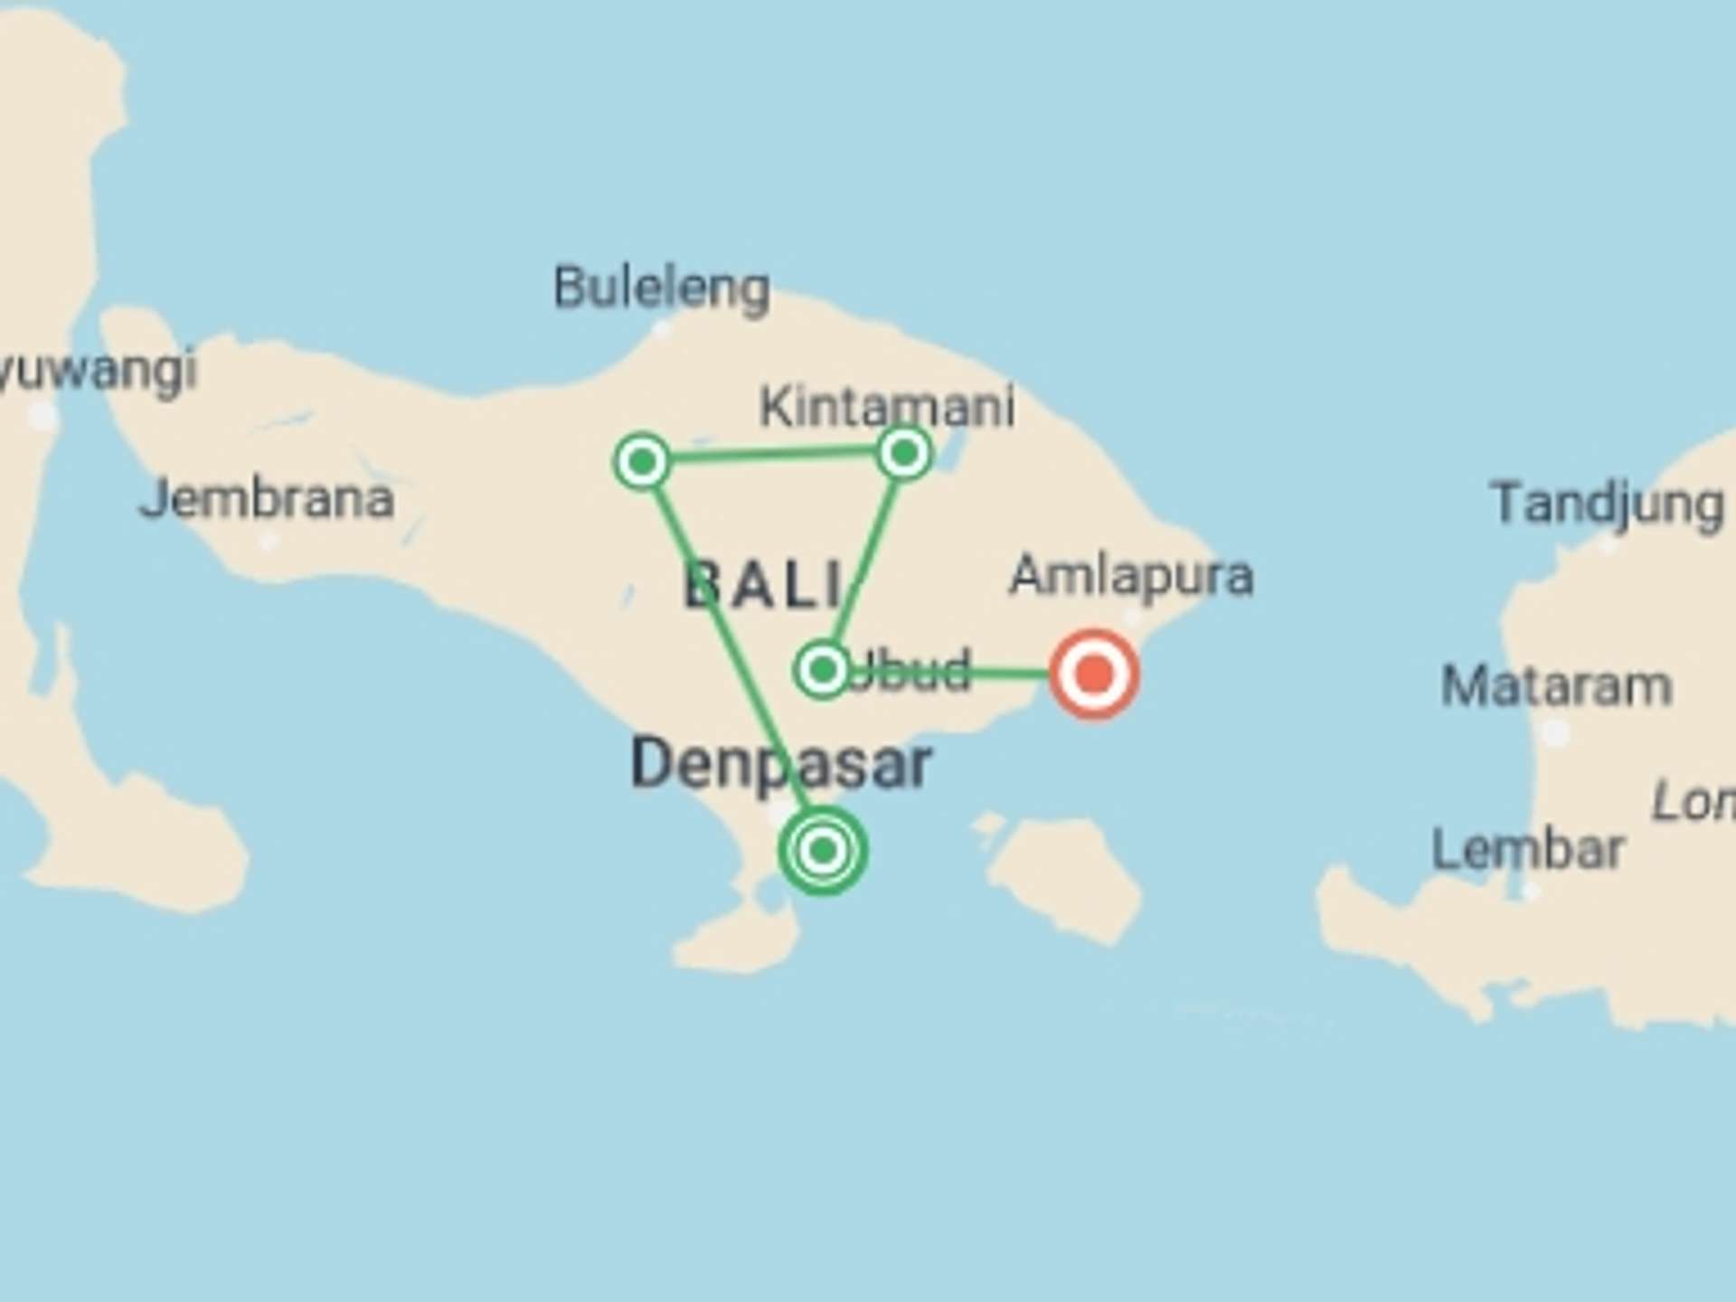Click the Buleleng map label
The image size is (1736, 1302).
[x=661, y=289]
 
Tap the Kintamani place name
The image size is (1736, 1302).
[x=886, y=407]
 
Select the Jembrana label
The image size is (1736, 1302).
[x=267, y=499]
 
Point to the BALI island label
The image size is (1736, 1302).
[x=764, y=585]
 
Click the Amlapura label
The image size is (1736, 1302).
[x=1131, y=575]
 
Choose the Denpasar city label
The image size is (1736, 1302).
[x=780, y=764]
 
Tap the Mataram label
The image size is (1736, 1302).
[x=1556, y=686]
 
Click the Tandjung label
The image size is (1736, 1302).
[x=1607, y=504]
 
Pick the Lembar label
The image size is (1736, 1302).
[x=1528, y=849]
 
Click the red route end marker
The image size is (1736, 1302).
[x=1094, y=675]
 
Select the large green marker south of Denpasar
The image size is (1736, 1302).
[x=823, y=850]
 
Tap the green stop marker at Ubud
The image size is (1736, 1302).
[x=822, y=670]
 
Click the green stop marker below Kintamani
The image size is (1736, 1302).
[x=904, y=453]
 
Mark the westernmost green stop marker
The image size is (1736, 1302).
[x=642, y=462]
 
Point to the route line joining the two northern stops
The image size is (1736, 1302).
[x=773, y=457]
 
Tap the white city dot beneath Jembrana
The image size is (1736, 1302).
[x=267, y=542]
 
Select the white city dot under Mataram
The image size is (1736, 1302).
[x=1554, y=731]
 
